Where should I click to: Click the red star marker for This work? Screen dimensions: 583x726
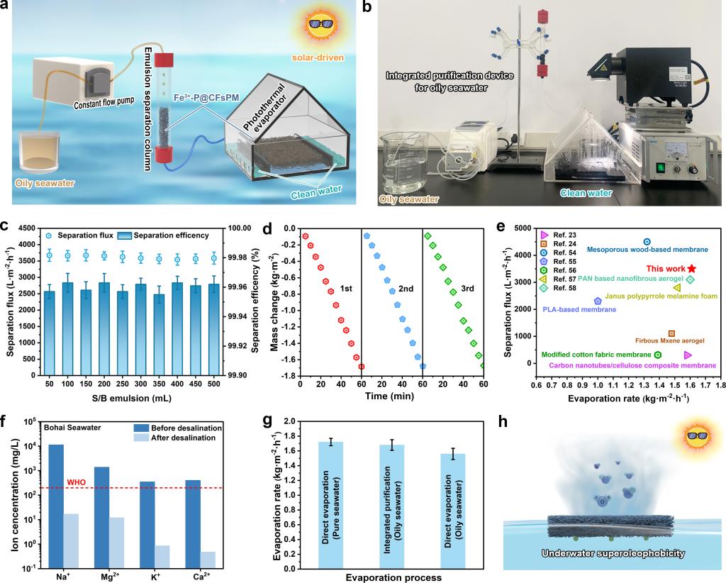pos(691,269)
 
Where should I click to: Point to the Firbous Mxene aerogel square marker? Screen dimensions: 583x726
pos(671,333)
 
